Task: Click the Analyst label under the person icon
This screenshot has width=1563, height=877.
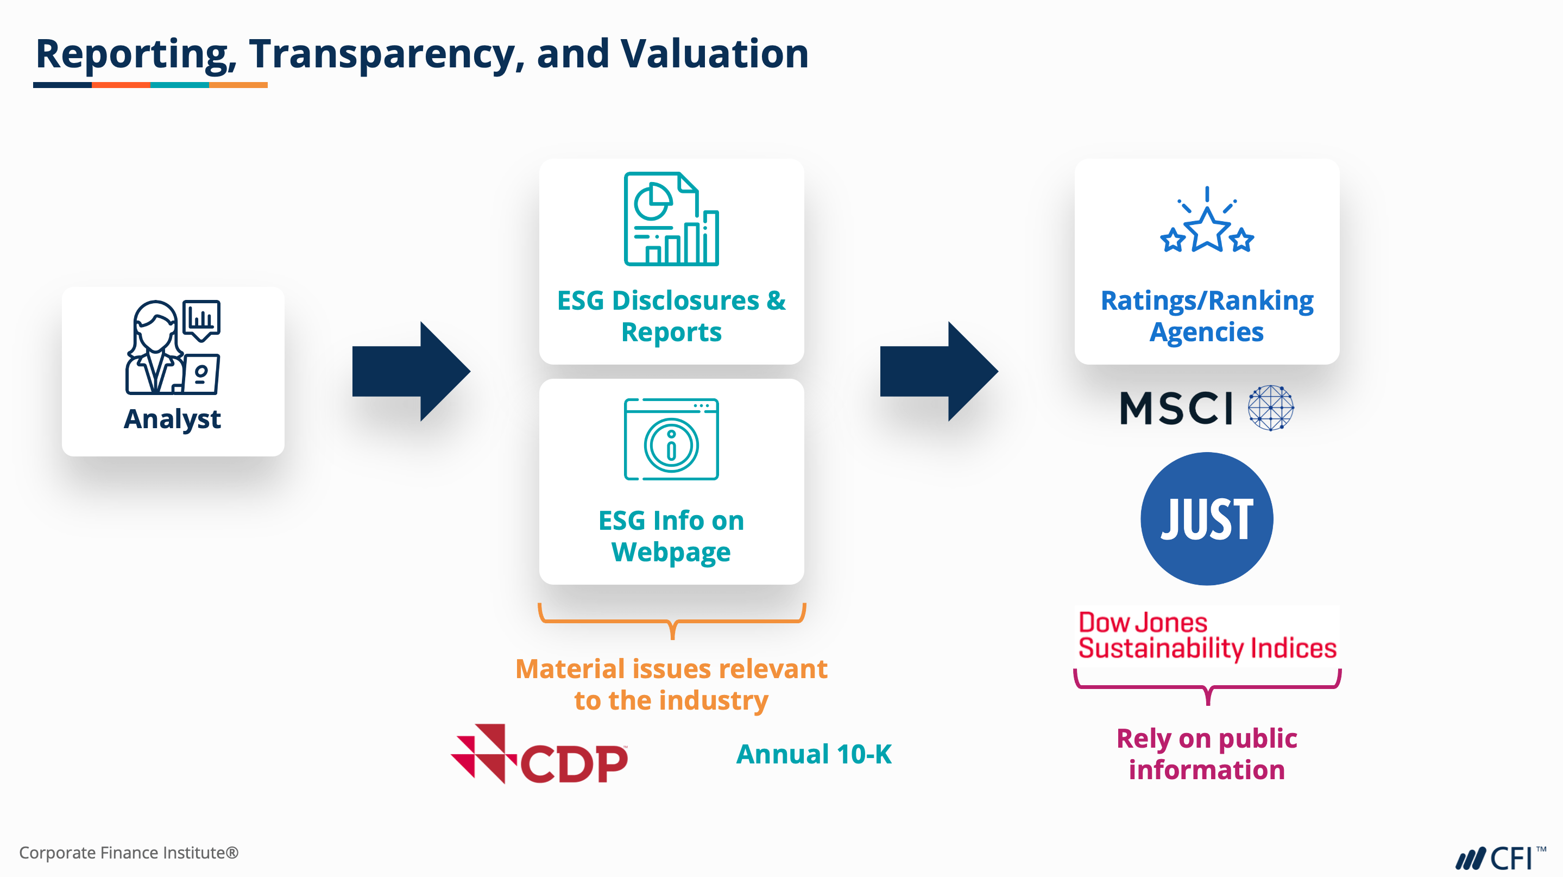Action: (x=172, y=419)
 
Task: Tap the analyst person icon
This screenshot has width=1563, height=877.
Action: (x=172, y=347)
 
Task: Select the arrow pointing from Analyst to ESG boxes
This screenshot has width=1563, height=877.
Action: (x=411, y=372)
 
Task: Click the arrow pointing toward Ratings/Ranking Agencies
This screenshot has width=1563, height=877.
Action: (x=938, y=372)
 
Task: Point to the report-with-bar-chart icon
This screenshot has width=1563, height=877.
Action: (x=671, y=219)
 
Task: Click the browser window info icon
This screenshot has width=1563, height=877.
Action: (x=671, y=440)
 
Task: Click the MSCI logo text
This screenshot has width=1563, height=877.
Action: (x=1176, y=408)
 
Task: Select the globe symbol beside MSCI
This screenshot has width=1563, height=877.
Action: (x=1270, y=408)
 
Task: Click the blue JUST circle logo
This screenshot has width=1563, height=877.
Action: (x=1207, y=519)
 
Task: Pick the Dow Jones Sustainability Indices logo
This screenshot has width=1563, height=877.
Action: (x=1207, y=635)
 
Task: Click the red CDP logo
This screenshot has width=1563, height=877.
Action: (x=539, y=754)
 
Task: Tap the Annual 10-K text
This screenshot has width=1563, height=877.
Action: (x=814, y=754)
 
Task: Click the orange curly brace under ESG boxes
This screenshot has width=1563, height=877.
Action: (x=672, y=621)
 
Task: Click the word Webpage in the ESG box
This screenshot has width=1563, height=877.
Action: (x=671, y=552)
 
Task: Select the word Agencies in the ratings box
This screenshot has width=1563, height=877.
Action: (x=1207, y=333)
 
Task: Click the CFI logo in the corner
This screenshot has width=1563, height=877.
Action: (x=1499, y=858)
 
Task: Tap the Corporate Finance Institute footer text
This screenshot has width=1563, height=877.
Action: (x=129, y=853)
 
